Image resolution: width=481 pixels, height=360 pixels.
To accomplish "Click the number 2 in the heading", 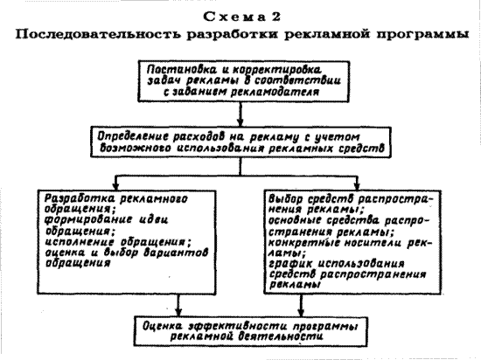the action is tap(275, 17).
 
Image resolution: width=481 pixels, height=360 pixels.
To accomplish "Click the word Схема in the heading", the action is tap(234, 17).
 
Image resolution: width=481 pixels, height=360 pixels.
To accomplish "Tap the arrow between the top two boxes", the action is tap(240, 114).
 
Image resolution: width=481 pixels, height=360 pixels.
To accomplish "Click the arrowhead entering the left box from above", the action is tap(115, 186).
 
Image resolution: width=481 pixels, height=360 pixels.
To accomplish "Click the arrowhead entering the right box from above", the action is tap(357, 186).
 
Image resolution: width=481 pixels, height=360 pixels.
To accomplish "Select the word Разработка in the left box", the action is tap(80, 198).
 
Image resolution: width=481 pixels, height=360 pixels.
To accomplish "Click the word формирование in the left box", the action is tap(88, 219).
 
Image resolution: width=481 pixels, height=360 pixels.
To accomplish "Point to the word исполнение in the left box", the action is tap(80, 242).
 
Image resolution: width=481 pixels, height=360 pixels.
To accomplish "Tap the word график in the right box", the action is tap(290, 264).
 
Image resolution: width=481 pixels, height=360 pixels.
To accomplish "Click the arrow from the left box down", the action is tap(178, 306).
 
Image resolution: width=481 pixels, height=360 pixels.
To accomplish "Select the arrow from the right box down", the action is tap(301, 306).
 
